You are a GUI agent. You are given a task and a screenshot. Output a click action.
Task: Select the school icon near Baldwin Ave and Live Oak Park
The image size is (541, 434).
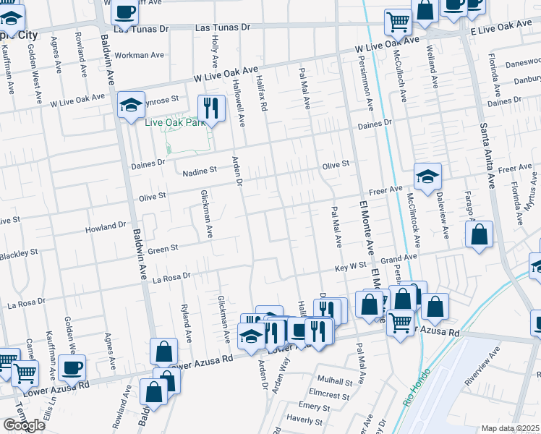click(131, 104)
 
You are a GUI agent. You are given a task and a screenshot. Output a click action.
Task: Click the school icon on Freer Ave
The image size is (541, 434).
click(427, 176)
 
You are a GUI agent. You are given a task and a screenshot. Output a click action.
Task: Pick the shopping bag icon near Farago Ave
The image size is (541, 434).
click(479, 234)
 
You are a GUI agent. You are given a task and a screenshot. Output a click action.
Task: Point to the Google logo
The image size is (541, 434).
click(25, 425)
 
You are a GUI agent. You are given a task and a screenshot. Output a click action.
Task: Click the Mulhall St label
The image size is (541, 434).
click(333, 380)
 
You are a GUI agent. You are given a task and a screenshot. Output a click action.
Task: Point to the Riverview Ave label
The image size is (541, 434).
click(482, 365)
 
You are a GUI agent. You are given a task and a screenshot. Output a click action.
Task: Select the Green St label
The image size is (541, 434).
click(163, 250)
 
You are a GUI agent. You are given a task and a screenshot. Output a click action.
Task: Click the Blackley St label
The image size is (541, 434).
click(19, 255)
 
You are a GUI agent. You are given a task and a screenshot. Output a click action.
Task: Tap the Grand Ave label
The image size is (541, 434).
click(399, 258)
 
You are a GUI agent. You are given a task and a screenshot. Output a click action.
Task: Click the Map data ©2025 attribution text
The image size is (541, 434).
click(511, 428)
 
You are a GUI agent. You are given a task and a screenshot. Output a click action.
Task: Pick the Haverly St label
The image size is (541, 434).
click(304, 418)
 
